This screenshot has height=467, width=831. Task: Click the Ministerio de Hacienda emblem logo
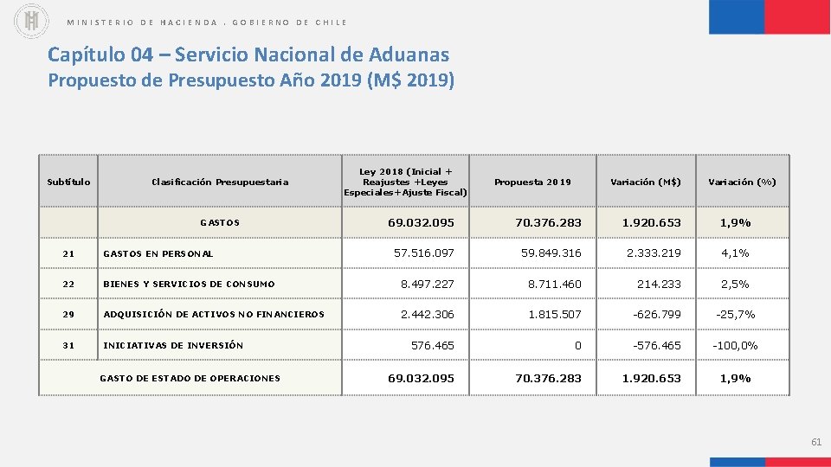[x=32, y=22]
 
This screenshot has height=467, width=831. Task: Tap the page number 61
[x=815, y=442]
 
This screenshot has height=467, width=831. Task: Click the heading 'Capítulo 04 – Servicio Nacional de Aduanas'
[x=248, y=54]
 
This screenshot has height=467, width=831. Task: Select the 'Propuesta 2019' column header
[x=532, y=182]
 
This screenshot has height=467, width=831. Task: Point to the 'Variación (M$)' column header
[x=646, y=182]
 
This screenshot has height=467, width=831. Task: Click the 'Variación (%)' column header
[x=742, y=182]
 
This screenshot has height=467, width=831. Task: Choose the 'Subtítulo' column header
[x=68, y=182]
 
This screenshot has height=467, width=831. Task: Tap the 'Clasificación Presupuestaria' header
[x=220, y=182]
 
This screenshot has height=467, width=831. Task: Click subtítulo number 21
[x=69, y=254]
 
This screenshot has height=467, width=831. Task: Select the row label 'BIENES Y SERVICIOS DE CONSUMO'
[x=189, y=285]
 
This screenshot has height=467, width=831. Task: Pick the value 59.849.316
[x=551, y=253]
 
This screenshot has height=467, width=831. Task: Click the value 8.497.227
[x=427, y=284]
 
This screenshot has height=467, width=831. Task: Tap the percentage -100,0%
[x=735, y=345]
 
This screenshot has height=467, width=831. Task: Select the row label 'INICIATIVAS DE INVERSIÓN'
[x=173, y=345]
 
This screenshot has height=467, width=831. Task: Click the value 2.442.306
[x=427, y=315]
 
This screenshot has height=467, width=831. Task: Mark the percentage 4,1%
[x=736, y=253]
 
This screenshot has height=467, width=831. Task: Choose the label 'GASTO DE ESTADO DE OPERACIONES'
[x=190, y=378]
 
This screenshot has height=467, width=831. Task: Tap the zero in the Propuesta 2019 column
[x=578, y=345]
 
